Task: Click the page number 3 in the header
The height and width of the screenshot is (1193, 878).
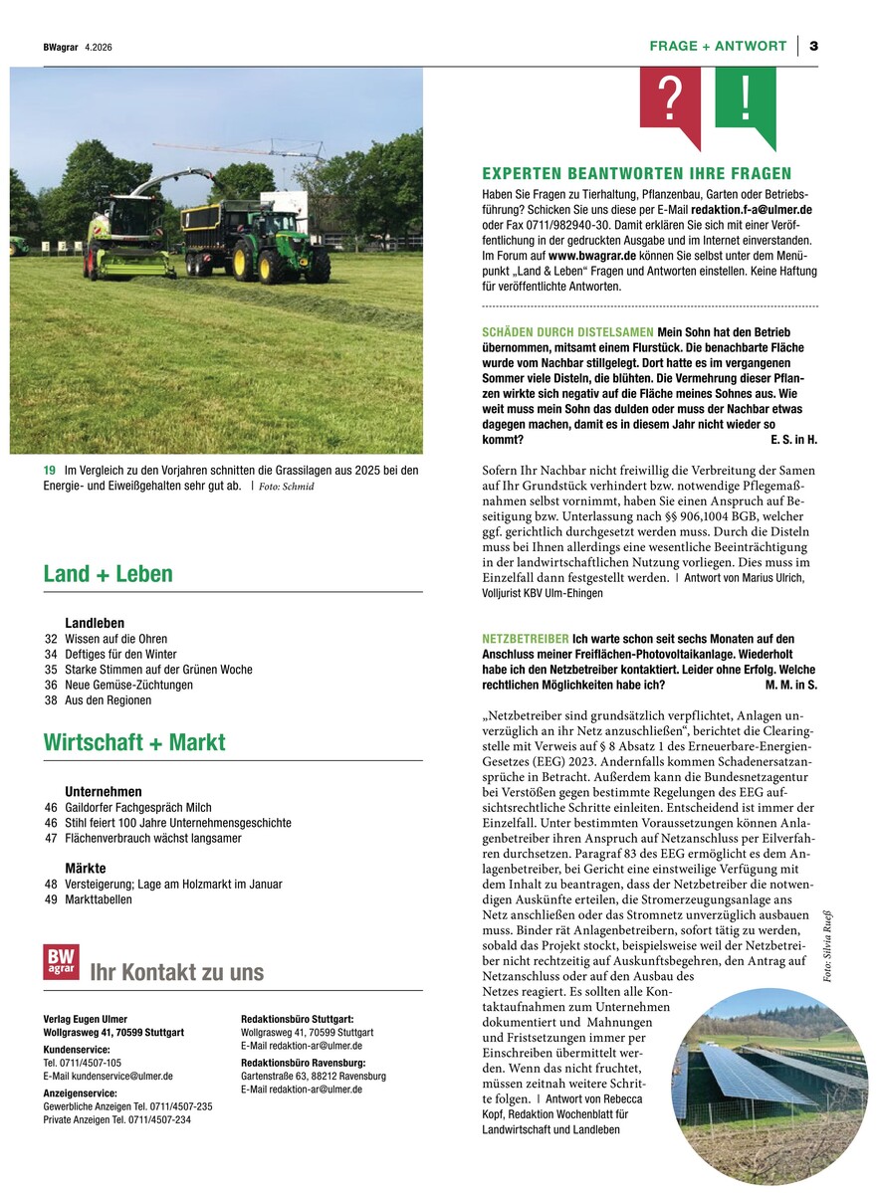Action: coord(813,46)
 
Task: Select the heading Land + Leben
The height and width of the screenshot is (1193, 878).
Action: coord(108,574)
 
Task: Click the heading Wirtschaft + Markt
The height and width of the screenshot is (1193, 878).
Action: coord(134,742)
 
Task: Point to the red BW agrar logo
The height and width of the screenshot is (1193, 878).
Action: coord(61,961)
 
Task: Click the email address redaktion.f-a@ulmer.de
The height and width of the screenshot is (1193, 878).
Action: coord(754,210)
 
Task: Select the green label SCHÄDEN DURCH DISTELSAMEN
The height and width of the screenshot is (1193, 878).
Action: coord(567,331)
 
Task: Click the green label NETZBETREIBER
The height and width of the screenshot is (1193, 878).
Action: coord(525,638)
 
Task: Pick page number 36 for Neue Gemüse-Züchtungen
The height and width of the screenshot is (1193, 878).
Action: coord(51,685)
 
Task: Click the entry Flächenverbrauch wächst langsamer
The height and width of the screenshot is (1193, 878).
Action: coord(152,838)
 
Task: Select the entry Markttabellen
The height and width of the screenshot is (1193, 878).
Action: coord(99,899)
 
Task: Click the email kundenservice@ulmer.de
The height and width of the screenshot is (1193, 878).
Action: coord(108,1076)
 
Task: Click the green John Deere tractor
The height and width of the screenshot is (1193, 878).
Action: coord(283,247)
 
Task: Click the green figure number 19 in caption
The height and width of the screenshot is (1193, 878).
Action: coord(50,470)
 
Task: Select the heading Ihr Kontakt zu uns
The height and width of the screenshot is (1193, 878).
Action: coord(176,972)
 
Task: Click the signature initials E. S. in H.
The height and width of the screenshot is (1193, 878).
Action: coord(793,439)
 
